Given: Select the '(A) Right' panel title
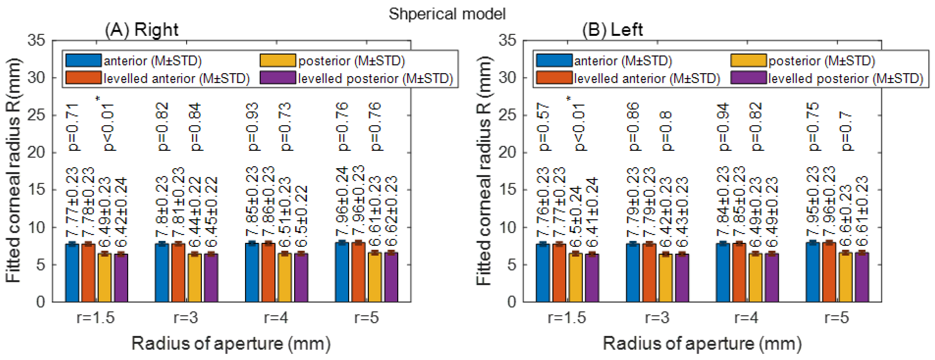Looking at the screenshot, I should (x=142, y=30).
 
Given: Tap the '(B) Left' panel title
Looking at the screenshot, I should (x=612, y=30).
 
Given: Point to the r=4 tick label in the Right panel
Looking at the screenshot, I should (x=276, y=318).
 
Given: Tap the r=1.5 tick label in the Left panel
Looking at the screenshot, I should (x=567, y=318).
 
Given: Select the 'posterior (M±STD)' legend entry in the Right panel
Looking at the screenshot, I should (x=351, y=61).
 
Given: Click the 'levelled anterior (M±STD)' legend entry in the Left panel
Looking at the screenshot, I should (x=646, y=78).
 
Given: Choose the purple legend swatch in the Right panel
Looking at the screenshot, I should (x=278, y=78).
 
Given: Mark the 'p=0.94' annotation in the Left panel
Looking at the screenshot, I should (x=723, y=127).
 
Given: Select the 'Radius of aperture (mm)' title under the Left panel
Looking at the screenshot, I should (x=702, y=343).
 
